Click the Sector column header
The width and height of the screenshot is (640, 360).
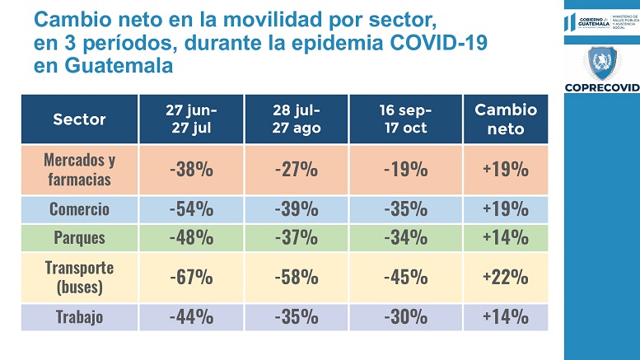(x=79, y=119)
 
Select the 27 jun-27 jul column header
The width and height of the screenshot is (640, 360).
(x=191, y=119)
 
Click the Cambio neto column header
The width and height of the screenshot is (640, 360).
(x=505, y=119)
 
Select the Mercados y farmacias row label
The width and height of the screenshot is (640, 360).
(x=79, y=169)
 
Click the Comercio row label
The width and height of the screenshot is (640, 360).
(x=79, y=208)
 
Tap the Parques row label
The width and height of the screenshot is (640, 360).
(x=79, y=237)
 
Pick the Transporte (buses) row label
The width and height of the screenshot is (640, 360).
(x=79, y=277)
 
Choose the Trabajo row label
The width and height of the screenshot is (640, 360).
(x=79, y=317)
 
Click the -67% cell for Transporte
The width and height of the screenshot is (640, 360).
(x=191, y=277)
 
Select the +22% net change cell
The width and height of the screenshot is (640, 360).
(x=505, y=277)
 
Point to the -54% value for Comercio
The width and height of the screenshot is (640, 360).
(x=191, y=208)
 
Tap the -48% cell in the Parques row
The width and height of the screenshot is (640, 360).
(x=191, y=237)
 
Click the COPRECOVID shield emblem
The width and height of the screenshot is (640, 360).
(x=600, y=64)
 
